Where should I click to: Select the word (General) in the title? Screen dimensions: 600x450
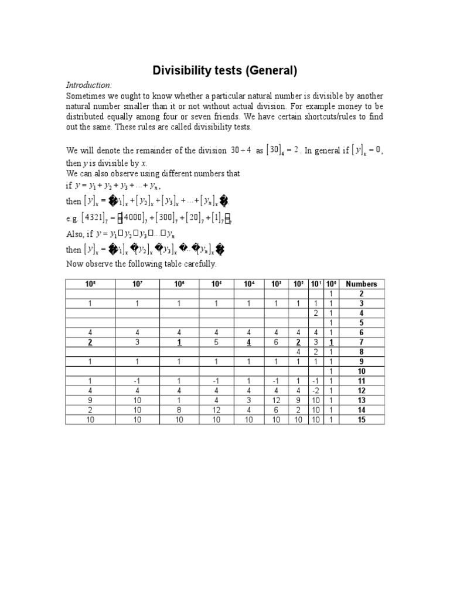point(272,71)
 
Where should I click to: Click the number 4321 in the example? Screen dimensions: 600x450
point(91,217)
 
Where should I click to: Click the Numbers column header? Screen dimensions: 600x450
point(361,284)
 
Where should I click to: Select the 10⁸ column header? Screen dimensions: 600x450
point(90,284)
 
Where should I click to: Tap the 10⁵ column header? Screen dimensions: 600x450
point(216,284)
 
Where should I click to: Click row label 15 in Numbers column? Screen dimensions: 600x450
point(361,420)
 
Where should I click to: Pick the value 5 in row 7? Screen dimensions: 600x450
point(216,342)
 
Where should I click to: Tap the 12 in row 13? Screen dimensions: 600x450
point(275,400)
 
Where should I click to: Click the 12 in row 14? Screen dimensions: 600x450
point(216,410)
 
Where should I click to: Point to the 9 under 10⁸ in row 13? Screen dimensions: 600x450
point(90,400)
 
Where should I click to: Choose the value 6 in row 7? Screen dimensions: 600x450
point(275,342)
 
